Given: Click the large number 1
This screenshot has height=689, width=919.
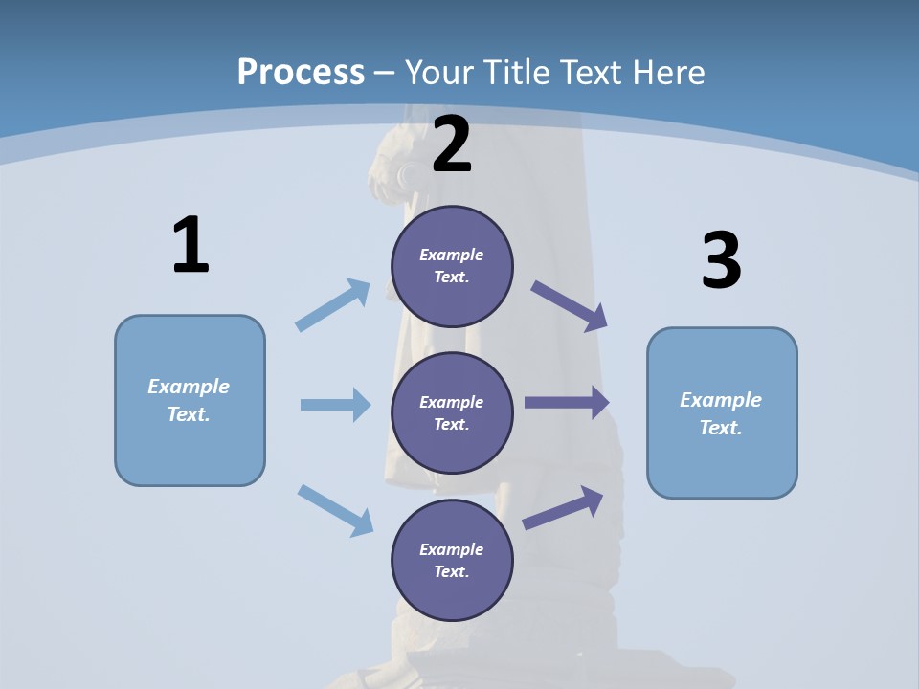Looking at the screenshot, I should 191,245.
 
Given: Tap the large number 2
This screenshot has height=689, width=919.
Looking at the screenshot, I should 452,144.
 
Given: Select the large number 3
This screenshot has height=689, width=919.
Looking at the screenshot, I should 721,261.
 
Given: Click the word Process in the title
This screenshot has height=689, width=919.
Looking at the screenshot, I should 301,72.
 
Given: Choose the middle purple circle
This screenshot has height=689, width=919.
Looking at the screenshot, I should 452,412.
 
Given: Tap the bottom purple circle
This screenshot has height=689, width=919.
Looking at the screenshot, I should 452,560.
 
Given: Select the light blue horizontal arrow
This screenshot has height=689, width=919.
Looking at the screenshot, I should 335,405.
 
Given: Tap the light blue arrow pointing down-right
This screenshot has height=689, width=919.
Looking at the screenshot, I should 336,510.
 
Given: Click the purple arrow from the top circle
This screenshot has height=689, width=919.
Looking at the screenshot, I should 570,306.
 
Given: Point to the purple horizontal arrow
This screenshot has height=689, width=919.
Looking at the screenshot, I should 567,403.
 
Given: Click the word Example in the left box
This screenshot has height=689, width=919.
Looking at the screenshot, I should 189,387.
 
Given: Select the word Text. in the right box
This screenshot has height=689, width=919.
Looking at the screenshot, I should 721,428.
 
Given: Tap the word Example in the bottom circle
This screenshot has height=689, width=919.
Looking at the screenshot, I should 452,549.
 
